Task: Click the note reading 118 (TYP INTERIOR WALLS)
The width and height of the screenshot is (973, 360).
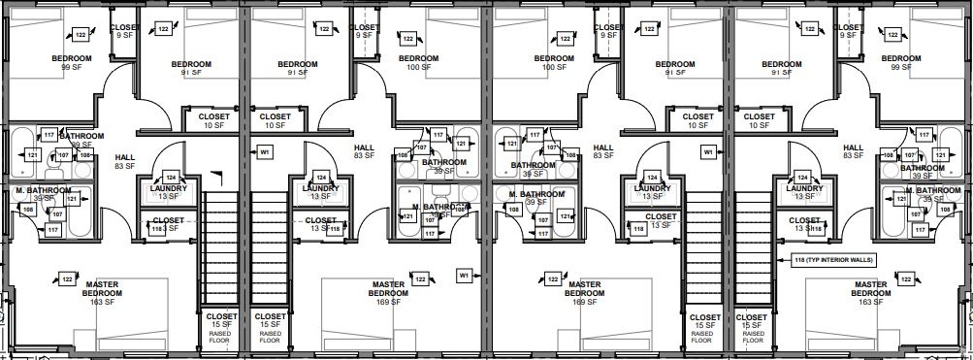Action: click(831, 259)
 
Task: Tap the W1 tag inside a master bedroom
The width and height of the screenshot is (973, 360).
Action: click(464, 276)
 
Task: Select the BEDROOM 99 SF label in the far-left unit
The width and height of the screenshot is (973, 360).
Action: click(72, 63)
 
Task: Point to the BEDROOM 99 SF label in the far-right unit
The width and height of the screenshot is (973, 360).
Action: click(899, 63)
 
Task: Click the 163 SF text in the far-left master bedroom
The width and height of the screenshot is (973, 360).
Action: click(101, 302)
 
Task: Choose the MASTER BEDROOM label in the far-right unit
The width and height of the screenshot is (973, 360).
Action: click(870, 289)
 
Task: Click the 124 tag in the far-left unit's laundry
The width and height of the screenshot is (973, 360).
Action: click(171, 178)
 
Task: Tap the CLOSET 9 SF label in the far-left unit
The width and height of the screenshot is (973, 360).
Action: click(124, 31)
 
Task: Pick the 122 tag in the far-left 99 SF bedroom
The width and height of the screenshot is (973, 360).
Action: click(80, 35)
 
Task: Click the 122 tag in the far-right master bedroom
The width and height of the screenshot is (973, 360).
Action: click(906, 279)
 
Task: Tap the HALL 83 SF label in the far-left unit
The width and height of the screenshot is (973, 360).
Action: click(124, 161)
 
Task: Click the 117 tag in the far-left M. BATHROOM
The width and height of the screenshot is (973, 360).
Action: click(52, 229)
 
